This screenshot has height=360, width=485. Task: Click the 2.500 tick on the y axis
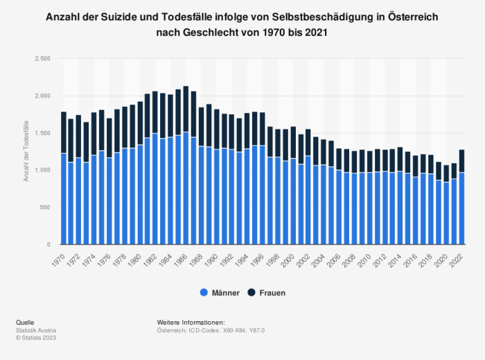pos(42,59)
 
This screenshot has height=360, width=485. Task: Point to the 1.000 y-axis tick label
pos(42,170)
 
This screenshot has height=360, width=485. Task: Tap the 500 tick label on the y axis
pos(45,208)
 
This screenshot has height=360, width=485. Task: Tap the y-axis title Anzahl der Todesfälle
pos(26,151)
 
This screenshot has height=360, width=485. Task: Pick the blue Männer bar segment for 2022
pos(461,208)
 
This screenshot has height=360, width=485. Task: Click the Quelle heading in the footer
pos(24,323)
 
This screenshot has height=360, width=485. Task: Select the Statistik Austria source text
pos(35,331)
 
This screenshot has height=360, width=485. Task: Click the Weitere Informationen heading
pos(191,323)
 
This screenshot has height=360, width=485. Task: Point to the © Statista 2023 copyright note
pos(35,338)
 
